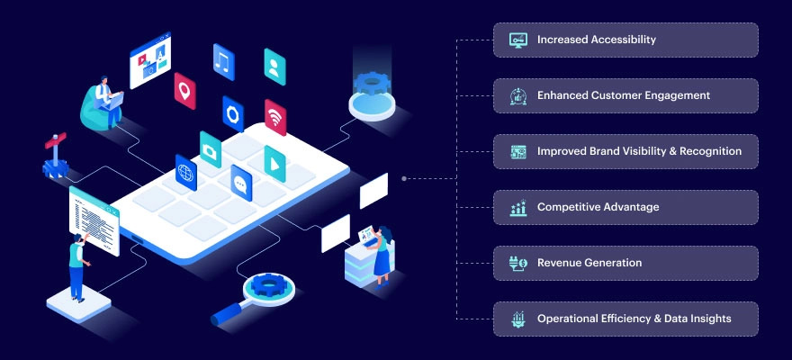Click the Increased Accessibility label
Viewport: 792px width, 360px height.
coord(596,40)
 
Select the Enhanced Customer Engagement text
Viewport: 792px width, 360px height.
coord(624,95)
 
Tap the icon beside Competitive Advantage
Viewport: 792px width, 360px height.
coord(518,208)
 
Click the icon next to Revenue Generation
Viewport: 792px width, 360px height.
coord(518,263)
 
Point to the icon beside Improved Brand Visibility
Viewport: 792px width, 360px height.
coord(518,151)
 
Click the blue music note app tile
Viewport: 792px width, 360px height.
coord(224,62)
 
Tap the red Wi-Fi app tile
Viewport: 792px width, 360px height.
coord(275,117)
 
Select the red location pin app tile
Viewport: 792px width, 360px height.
coord(184,91)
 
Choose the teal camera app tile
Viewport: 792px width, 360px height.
coord(210,149)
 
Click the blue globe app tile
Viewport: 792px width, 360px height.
coord(186,173)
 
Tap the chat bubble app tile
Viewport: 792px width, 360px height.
coord(241,184)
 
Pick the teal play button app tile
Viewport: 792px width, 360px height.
coord(274,164)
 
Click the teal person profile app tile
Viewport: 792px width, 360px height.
coord(274,67)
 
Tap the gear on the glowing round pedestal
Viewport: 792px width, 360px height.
coord(373,84)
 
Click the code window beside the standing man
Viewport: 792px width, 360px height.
coord(94,221)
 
